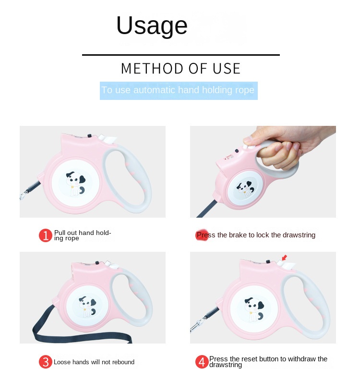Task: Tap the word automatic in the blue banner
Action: (155, 90)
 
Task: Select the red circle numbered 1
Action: (46, 235)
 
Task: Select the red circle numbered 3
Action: (46, 362)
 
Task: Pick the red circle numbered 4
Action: (202, 362)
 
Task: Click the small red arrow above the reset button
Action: (284, 258)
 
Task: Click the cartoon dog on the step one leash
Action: (75, 183)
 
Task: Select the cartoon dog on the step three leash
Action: (87, 306)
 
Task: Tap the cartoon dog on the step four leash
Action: (254, 309)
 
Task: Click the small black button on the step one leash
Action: (89, 136)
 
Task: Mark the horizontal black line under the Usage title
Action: (181, 55)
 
